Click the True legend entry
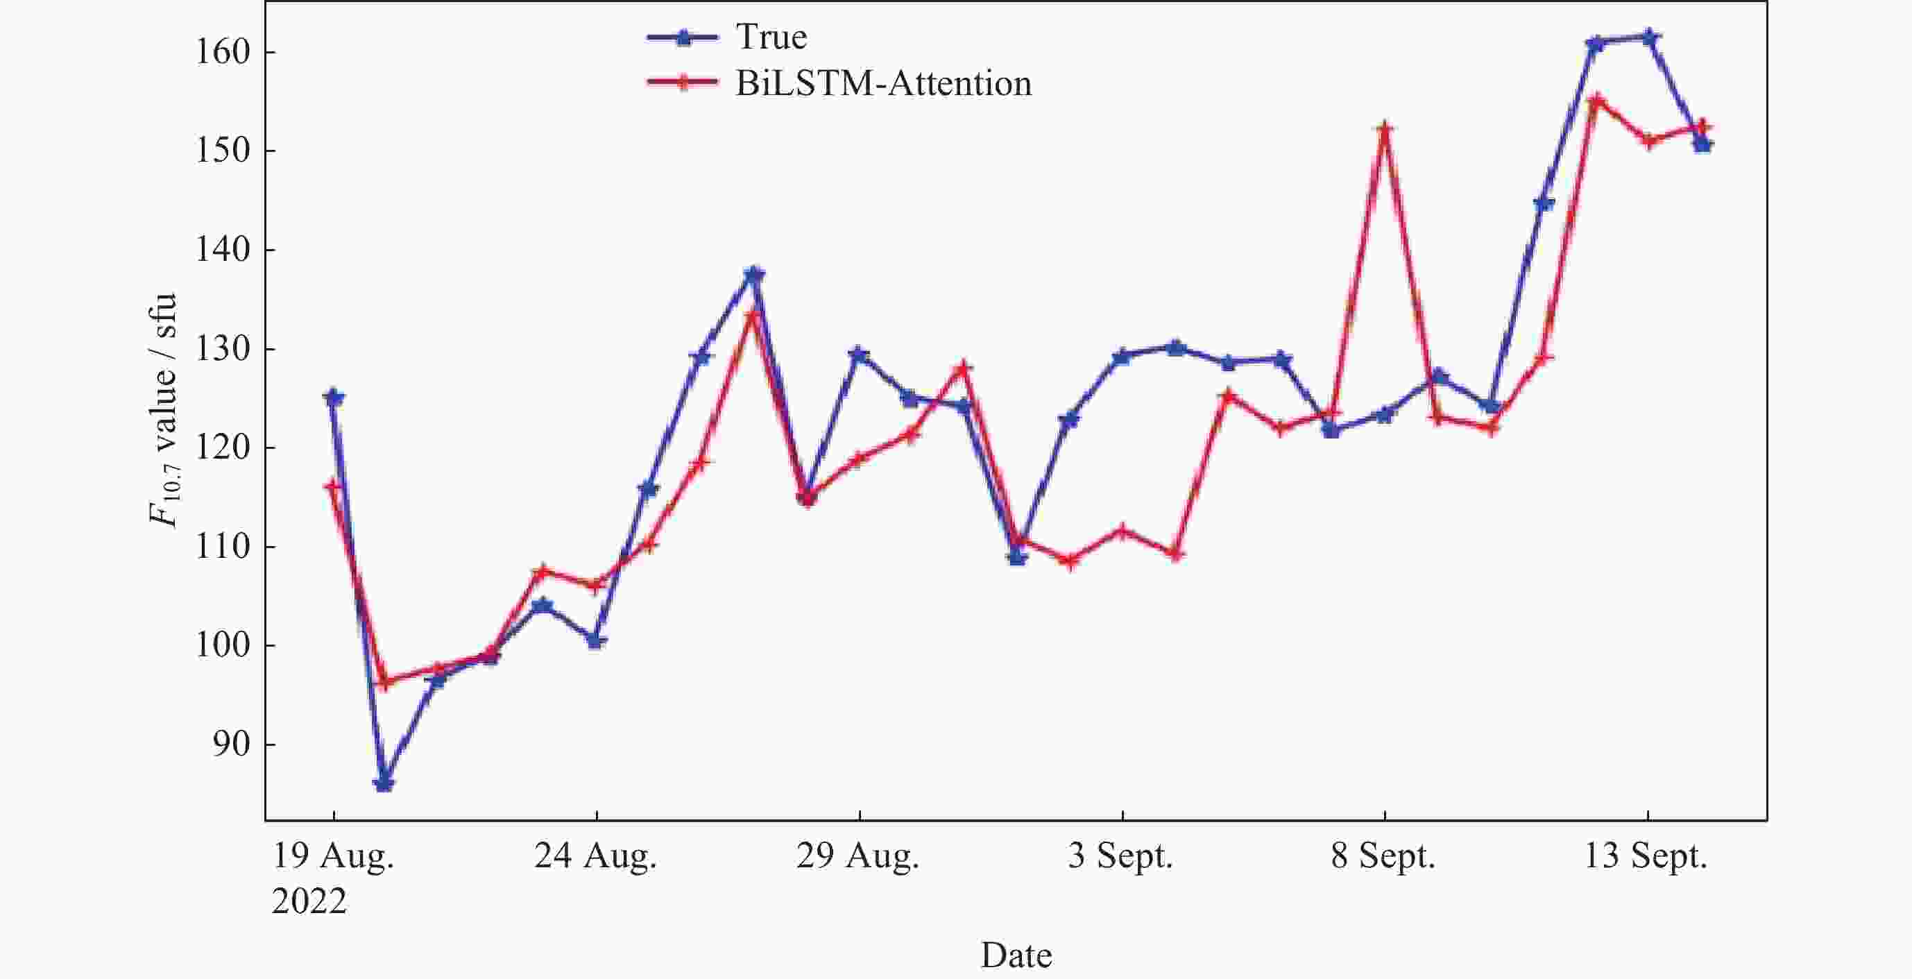(x=771, y=37)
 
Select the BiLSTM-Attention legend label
(x=882, y=83)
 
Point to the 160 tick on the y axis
(x=222, y=52)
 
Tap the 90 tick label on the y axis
(x=231, y=744)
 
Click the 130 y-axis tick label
(x=222, y=348)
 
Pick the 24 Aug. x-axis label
(x=595, y=856)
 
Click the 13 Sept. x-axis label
(x=1646, y=856)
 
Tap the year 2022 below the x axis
(x=309, y=902)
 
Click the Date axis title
(x=1016, y=955)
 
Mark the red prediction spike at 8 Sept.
(x=1384, y=129)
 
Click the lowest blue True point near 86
(x=384, y=783)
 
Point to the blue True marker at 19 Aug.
(x=333, y=398)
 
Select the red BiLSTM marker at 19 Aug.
(x=333, y=487)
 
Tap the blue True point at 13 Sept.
(x=1648, y=36)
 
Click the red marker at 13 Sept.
(x=1648, y=140)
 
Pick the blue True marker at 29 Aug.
(x=859, y=354)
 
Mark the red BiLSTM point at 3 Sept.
(x=1122, y=531)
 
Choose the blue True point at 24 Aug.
(x=595, y=640)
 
